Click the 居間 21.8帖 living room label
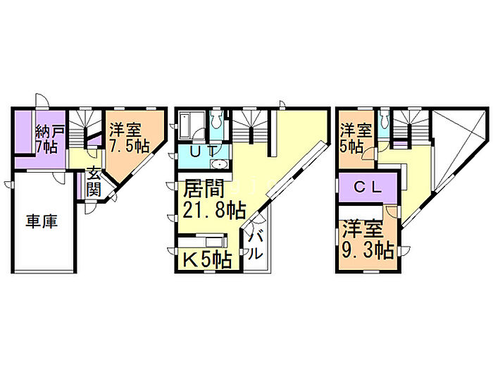[213, 199]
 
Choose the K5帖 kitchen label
[207, 259]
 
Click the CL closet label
[367, 187]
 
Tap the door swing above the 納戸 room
[42, 99]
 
